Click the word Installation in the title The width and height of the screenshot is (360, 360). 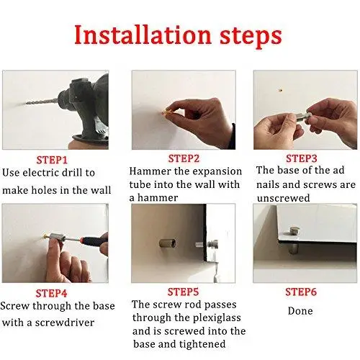[x=143, y=35]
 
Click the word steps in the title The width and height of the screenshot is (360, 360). [x=251, y=37]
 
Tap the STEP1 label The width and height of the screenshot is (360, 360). [x=52, y=160]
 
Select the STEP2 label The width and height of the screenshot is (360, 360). [x=184, y=158]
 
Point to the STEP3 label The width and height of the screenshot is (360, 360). [x=302, y=158]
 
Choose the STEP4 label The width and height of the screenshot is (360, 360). [x=51, y=293]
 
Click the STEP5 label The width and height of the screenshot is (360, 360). [x=183, y=292]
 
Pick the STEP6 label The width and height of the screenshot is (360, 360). [x=301, y=292]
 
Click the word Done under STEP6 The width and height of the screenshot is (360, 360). [x=300, y=311]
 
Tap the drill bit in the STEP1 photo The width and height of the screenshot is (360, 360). [x=42, y=102]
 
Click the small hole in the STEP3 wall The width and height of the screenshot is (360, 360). [x=280, y=91]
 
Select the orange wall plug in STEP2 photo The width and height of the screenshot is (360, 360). [x=166, y=112]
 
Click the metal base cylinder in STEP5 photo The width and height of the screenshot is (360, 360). [x=168, y=243]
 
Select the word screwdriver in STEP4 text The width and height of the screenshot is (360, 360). [x=65, y=323]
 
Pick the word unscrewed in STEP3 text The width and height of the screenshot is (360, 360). [x=283, y=198]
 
